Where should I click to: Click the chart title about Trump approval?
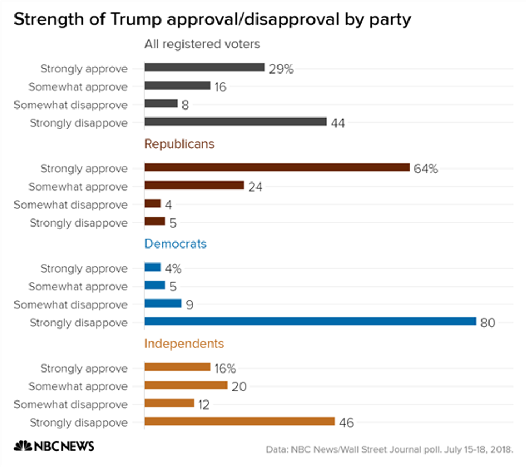coord(212,20)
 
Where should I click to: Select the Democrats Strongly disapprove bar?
coord(310,322)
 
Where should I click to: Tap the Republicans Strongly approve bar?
coord(277,167)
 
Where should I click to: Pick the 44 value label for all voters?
coord(338,123)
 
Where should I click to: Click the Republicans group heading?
coord(179,144)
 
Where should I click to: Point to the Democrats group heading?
coord(176,244)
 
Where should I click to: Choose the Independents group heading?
coord(184,344)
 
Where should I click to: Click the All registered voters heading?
coord(202,44)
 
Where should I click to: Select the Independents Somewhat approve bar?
coord(186,385)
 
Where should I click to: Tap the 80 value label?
coord(487,323)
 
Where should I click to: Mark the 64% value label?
coord(426,169)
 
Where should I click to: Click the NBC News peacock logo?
coord(23,446)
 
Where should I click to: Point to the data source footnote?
coord(390,448)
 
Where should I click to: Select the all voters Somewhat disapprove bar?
coord(161,104)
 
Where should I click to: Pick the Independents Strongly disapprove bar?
coord(239,421)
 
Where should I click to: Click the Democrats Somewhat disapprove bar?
coord(163,303)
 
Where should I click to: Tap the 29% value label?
coord(281,69)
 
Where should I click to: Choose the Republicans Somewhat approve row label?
coord(78,187)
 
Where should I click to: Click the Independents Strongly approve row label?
coord(84,368)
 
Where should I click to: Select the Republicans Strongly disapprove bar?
coord(155,222)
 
